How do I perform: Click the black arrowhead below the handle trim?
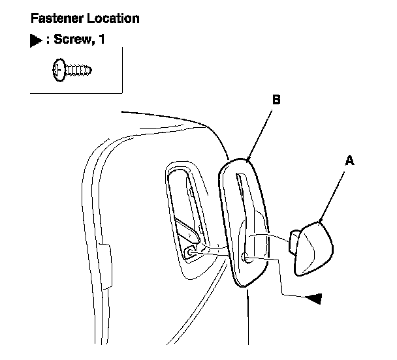(315, 297)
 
